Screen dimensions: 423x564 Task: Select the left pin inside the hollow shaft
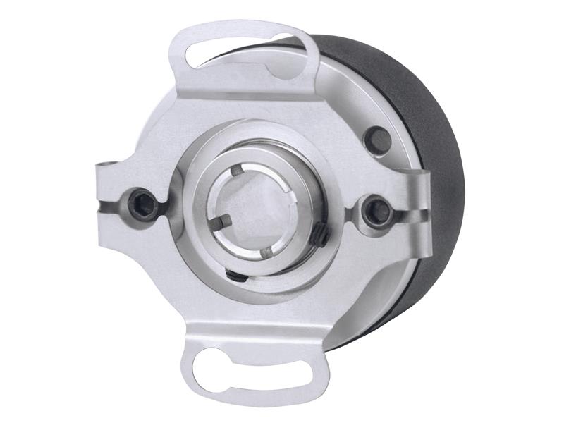[x=221, y=223]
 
